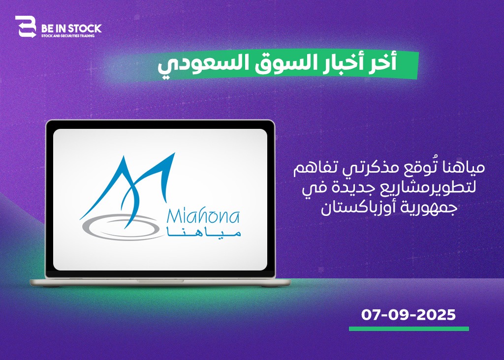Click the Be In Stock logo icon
tap(26, 27)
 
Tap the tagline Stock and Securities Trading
tap(68, 35)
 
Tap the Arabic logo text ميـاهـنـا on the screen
tap(204, 233)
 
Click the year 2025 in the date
tap(436, 315)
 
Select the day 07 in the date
tap(371, 315)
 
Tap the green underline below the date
tap(409, 329)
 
